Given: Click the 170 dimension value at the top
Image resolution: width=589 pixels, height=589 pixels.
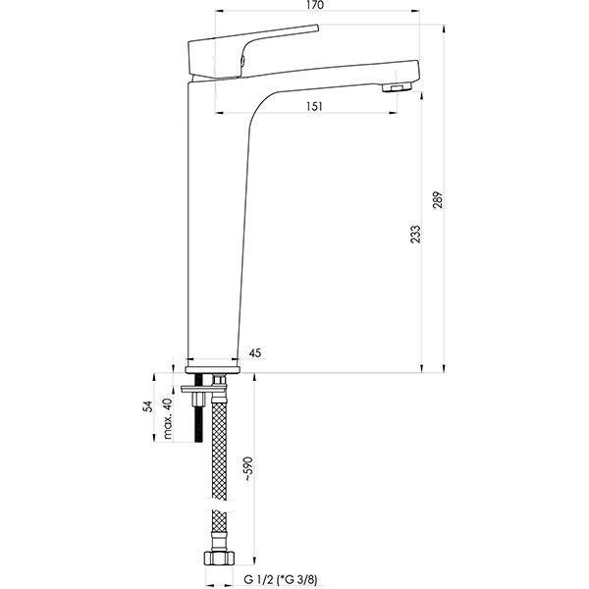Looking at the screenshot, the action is pos(315,5).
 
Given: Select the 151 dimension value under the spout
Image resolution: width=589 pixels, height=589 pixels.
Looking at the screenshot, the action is pos(314,106).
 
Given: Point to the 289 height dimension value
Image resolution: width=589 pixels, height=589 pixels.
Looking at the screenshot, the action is pos(438,199).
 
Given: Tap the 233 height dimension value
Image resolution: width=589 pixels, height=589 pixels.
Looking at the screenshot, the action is pos(415,234).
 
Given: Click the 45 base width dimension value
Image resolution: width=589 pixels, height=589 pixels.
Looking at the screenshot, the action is pos(255,353).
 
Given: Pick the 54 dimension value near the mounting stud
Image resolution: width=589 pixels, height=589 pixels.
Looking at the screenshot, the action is pos(149,406).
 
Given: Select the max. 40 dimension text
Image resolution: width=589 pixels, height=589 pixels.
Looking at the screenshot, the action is pos(168,418).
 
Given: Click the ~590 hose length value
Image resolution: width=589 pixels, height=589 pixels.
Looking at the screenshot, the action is pos(248,468).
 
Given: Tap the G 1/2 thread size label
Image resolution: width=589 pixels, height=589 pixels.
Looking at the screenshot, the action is pos(257,579).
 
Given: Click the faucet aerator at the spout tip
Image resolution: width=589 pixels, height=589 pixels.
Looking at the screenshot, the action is pos(397,87).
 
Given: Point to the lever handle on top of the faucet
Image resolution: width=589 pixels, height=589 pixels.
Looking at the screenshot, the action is pos(253,50).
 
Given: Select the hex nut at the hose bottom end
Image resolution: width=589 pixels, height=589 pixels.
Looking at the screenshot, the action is pos(219,559).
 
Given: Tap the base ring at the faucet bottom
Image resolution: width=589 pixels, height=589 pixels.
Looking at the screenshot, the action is pos(213,370).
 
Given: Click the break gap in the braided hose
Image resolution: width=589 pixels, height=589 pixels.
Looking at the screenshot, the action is pos(220,505).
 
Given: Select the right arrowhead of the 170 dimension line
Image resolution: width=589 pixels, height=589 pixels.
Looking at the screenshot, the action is pos(416,11).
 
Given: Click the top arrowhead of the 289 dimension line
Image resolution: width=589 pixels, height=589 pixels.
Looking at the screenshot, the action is pos(445,28).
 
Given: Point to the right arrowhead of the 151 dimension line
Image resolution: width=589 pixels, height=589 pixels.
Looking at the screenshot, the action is pos(394,112).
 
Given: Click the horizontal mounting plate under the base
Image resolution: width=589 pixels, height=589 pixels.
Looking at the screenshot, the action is pos(203,390).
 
